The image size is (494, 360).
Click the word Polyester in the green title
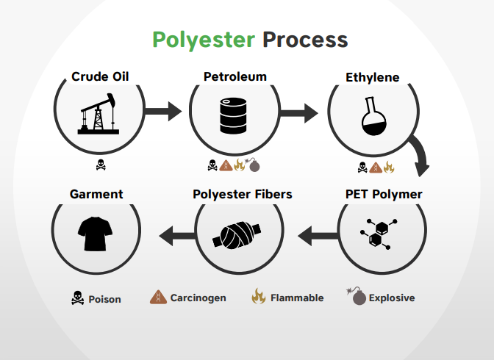[x=204, y=39]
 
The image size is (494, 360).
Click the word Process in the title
[x=305, y=39]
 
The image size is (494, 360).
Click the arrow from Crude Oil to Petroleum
[x=162, y=112]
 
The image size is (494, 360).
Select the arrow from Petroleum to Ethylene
[x=299, y=113]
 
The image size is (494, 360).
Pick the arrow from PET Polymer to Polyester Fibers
[x=316, y=236]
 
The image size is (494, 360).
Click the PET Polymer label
[x=383, y=195]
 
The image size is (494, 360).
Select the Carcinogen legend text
[x=198, y=298]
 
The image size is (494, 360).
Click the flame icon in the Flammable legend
[x=258, y=297]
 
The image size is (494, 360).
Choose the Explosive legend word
[x=392, y=298]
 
